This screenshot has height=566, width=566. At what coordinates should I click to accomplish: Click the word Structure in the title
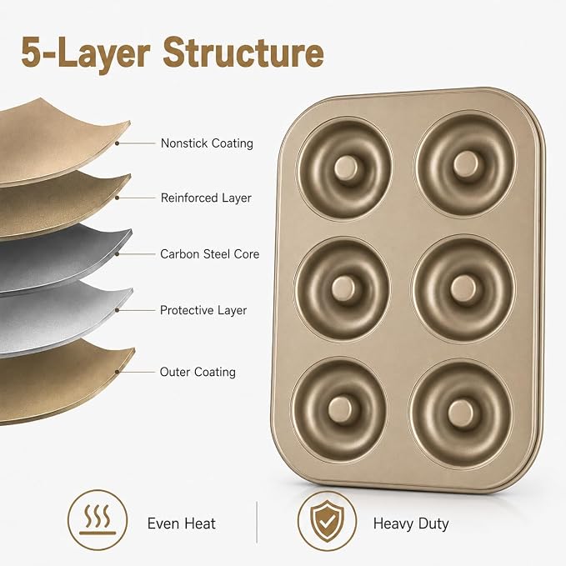[x=243, y=53]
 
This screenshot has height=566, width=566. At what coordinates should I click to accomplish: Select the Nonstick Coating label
[x=207, y=143]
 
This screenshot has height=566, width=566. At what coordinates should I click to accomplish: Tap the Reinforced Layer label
[x=206, y=198]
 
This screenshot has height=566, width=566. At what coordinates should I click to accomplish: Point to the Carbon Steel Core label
[x=210, y=254]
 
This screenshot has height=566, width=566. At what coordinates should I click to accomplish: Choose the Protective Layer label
[x=203, y=310]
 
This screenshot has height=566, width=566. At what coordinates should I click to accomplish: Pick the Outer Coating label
[x=198, y=372]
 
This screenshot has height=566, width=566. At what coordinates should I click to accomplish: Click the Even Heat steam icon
[x=98, y=520]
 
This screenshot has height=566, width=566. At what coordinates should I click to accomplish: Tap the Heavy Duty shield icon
[x=327, y=521]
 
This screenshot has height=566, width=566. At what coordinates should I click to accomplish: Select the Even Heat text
[x=182, y=523]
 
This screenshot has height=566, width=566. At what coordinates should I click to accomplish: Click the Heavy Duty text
[x=411, y=523]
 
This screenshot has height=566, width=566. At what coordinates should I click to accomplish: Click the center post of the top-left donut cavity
[x=346, y=168]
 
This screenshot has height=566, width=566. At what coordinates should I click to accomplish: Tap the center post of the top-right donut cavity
[x=466, y=163]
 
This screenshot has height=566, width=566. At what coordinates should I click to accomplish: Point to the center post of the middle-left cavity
[x=343, y=288]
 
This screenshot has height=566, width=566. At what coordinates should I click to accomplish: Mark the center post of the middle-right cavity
[x=463, y=288]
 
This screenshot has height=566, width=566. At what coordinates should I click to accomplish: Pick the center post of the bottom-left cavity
[x=340, y=408]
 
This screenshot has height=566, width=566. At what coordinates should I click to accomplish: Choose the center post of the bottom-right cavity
[x=461, y=413]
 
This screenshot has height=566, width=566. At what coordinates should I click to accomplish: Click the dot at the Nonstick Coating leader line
[x=117, y=143]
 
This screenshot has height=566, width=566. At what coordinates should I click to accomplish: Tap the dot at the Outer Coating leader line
[x=117, y=372]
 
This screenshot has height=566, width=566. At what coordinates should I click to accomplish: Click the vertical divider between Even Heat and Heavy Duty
[x=257, y=522]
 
